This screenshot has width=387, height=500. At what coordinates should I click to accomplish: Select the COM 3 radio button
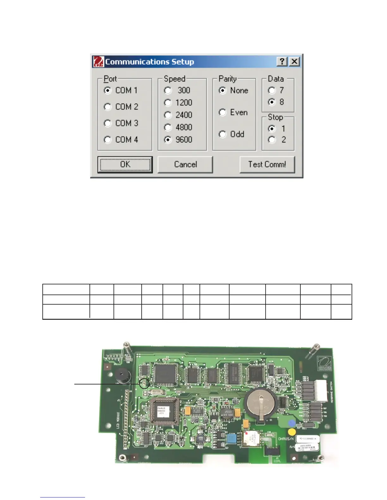(108, 123)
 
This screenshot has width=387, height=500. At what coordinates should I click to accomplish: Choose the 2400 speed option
(168, 115)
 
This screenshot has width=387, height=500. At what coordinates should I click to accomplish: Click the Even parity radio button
(223, 112)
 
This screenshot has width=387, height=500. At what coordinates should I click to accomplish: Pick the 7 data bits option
(272, 91)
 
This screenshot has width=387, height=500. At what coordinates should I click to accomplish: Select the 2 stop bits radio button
(272, 140)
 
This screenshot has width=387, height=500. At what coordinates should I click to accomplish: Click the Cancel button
(185, 164)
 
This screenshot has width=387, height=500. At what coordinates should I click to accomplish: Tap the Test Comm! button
(267, 164)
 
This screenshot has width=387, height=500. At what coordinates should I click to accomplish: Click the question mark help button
(282, 62)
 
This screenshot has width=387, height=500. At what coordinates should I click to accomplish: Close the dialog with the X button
(294, 62)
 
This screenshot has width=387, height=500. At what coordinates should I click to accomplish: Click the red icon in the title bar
(98, 62)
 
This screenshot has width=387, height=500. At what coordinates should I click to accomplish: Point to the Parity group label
(228, 79)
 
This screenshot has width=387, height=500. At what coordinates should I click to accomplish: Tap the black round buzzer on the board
(122, 375)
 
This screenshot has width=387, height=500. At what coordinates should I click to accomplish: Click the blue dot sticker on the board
(292, 423)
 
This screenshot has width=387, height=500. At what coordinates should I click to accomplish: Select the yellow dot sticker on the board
(292, 432)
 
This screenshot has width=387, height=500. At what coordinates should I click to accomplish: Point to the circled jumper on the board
(144, 384)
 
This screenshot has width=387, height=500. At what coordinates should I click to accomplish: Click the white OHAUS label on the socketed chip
(163, 411)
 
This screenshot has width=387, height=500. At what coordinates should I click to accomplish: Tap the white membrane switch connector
(320, 390)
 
